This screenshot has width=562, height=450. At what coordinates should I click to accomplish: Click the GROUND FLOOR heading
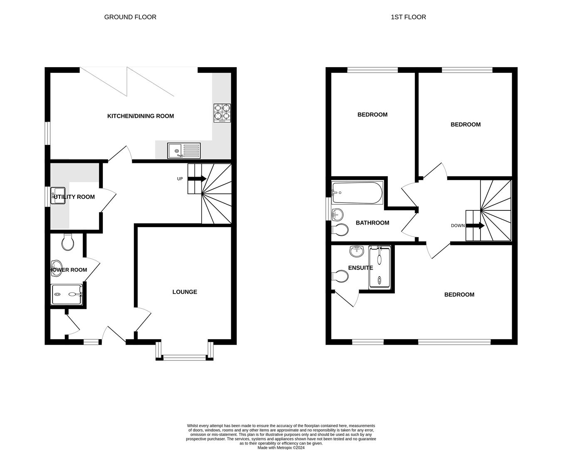point(130,17)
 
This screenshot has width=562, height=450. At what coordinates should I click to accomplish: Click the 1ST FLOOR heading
point(408,17)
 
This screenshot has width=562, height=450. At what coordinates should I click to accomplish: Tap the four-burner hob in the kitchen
point(222,112)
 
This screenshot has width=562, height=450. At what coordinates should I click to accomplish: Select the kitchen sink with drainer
point(184,151)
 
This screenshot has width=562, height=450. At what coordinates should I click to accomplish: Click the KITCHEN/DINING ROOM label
point(141,116)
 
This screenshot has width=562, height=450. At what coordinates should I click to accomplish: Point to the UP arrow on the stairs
point(197,179)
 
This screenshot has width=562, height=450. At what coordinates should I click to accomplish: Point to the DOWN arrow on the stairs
point(475,226)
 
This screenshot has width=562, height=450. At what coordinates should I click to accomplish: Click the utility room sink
point(57,196)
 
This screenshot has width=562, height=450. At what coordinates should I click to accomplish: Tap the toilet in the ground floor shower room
point(67,242)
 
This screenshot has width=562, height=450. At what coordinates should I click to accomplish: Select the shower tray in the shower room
point(67,294)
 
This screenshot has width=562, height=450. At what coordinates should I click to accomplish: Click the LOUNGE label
point(185,292)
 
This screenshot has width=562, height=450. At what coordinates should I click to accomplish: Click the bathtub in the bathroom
point(357,192)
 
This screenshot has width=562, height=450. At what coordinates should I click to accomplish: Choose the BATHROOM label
point(372,223)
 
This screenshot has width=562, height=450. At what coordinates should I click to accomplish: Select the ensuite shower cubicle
point(380,267)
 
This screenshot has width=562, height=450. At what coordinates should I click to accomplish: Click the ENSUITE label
point(360,268)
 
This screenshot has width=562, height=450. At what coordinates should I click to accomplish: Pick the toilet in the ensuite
point(341,276)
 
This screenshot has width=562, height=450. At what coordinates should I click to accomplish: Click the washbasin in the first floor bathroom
point(338,215)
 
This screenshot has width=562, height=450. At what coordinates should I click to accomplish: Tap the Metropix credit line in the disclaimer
point(281,448)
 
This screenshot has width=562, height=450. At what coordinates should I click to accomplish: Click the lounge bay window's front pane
point(184,357)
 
